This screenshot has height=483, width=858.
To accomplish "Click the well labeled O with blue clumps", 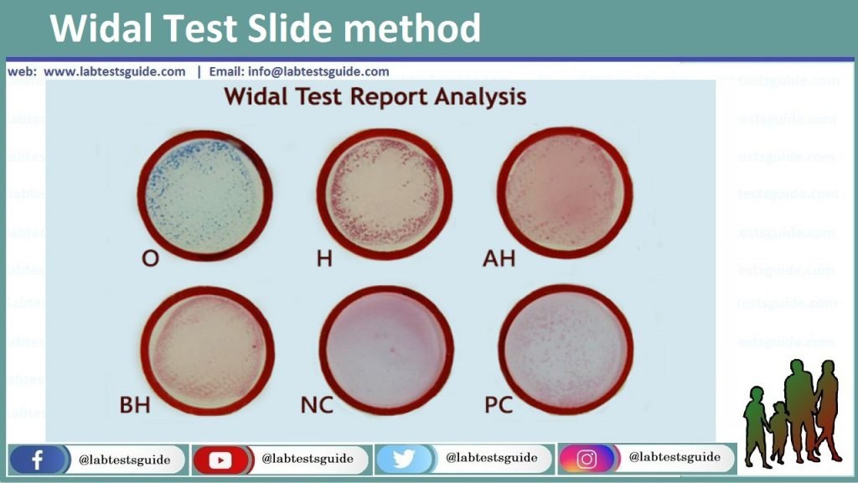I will (204, 194).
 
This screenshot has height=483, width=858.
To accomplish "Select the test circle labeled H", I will (385, 194).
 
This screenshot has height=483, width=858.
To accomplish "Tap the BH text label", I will (135, 407).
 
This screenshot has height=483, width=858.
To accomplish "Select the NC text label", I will (317, 407).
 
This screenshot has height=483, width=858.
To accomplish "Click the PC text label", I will (499, 407).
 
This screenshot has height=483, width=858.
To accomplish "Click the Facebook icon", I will (37, 460).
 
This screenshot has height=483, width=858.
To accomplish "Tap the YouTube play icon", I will (220, 460).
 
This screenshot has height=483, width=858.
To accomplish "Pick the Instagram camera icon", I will (587, 459).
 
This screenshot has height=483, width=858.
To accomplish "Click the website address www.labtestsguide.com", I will (115, 71).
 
